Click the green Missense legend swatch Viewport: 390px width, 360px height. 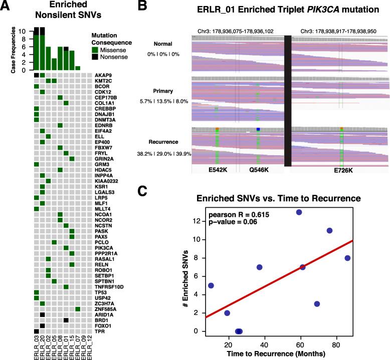coord(95,49)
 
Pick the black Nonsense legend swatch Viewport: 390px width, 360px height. coord(95,57)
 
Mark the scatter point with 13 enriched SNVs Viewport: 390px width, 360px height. coord(299,212)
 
